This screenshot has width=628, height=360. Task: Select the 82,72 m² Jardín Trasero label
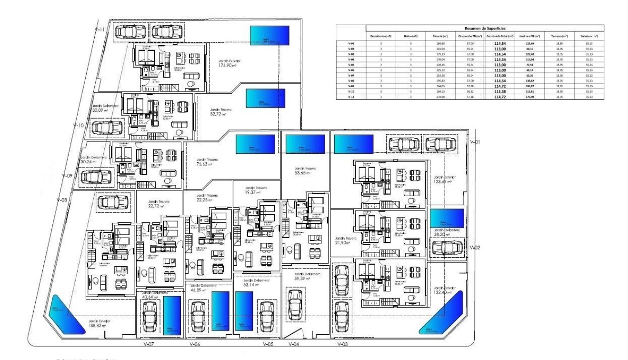[221, 111]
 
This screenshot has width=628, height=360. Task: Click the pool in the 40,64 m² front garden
[172, 314]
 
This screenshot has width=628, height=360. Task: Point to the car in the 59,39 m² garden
[296, 302]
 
